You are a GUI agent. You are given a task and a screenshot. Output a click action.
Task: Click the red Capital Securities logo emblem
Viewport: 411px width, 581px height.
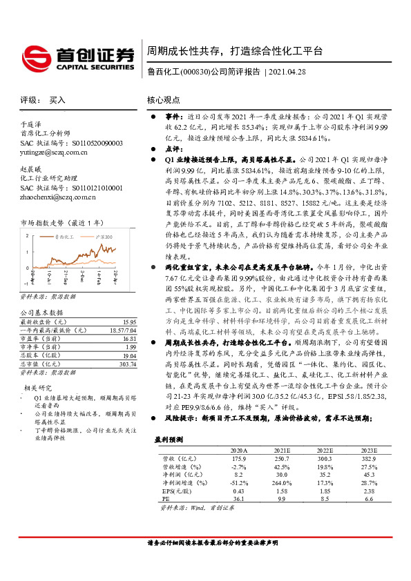[34, 55]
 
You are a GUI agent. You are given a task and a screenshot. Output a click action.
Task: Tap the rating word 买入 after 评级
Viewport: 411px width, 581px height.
[57, 100]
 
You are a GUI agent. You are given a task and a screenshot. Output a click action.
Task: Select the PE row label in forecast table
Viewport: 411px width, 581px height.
[164, 499]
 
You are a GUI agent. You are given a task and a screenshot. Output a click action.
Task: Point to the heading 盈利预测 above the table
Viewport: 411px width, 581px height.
[168, 439]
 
